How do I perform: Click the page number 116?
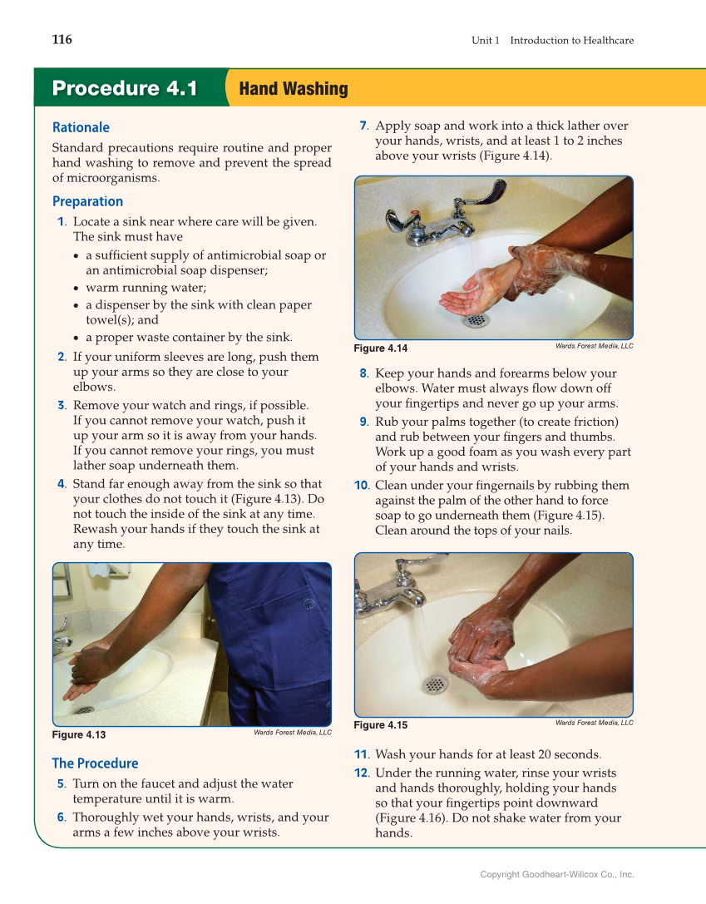(x=62, y=40)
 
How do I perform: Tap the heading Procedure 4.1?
(x=125, y=88)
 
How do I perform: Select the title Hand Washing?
(x=294, y=89)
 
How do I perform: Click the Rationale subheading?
(x=81, y=127)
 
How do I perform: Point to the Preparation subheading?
(x=87, y=202)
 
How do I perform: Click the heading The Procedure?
(x=95, y=763)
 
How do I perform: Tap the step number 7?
(x=363, y=126)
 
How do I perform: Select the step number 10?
(x=362, y=486)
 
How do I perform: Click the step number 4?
(x=62, y=484)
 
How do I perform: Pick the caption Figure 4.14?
(x=380, y=348)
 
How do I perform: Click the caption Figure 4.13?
(x=79, y=735)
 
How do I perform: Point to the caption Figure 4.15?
(x=380, y=725)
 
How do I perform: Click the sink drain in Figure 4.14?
(x=476, y=320)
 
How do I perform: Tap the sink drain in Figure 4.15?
(x=435, y=685)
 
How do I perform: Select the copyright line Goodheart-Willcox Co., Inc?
(x=557, y=875)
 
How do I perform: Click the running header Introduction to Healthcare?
(x=572, y=41)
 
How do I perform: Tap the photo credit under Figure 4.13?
(x=293, y=732)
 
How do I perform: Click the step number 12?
(x=362, y=773)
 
